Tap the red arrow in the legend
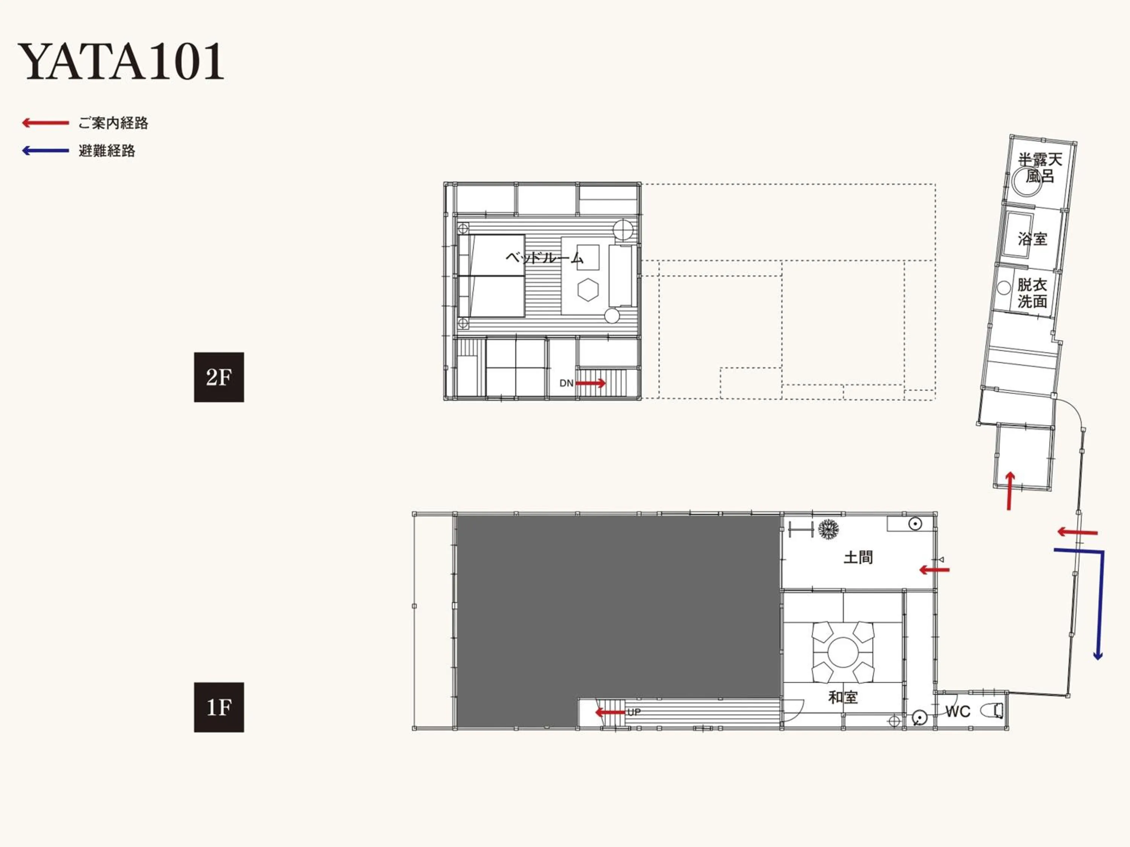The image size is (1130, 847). pos(45,122)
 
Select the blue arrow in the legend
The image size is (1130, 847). pos(45,151)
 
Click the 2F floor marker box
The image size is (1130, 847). pos(218,377)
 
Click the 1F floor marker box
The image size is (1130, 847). pos(218,707)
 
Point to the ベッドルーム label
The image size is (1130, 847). pos(544,257)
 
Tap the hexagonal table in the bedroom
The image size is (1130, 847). pos(588,289)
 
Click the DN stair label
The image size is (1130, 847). pos(566,383)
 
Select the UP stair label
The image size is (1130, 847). pos(634,712)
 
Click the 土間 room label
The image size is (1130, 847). pos(858,557)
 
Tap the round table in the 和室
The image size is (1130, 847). pos(843,652)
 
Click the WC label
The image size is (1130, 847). pos(957,711)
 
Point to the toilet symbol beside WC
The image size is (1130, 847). pos(997,710)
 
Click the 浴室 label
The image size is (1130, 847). pos(1032,238)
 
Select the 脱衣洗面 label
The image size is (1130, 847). pos(1032,292)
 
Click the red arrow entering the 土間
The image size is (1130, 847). pos(934,569)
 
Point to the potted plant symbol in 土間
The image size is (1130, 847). pos(828,529)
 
